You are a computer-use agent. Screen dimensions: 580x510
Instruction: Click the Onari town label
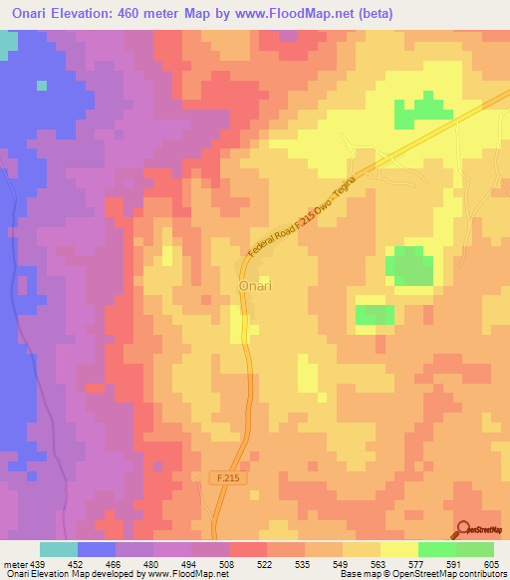pos(257,286)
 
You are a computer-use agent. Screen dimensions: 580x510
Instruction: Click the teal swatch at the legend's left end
pos(59,549)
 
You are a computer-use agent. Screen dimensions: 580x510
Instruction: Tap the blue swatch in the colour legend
pos(97,549)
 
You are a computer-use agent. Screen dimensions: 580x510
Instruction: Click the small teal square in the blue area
pos(42,85)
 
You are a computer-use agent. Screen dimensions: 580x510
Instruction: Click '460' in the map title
pos(154,14)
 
